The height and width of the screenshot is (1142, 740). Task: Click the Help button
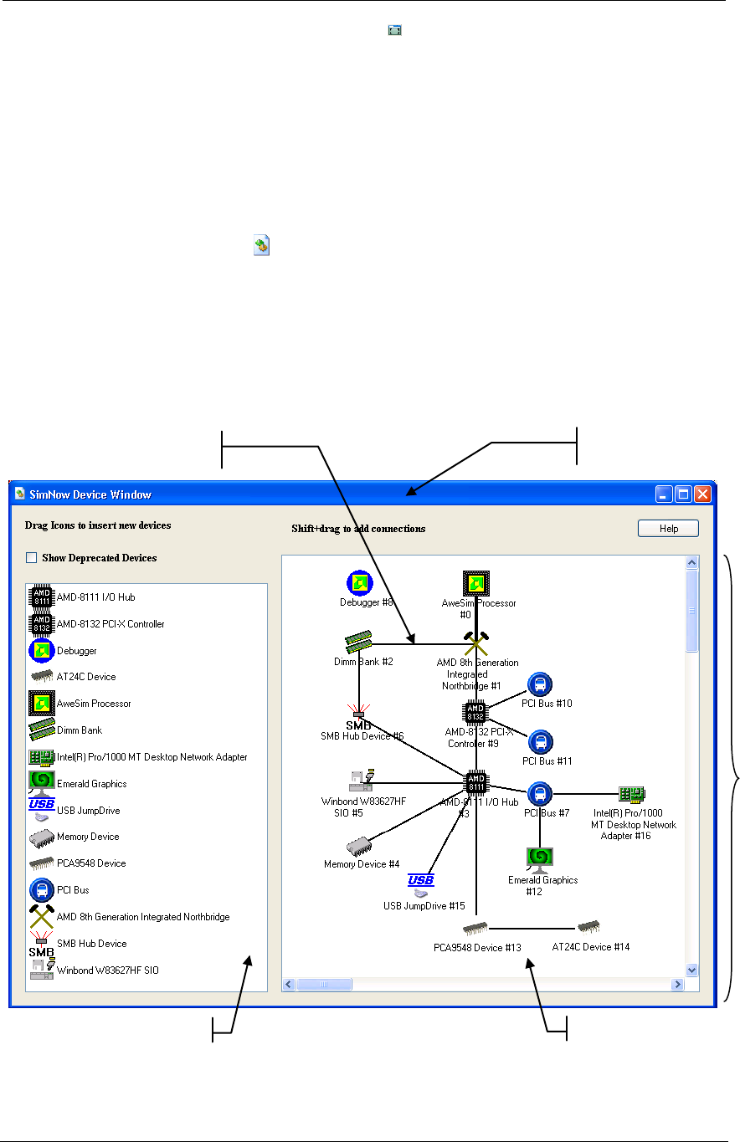pos(667,529)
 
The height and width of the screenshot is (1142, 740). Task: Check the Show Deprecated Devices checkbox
pos(32,558)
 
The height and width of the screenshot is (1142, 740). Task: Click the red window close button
pos(702,494)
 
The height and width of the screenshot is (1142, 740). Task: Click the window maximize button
pos(683,494)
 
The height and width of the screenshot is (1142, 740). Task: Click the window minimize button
pos(664,494)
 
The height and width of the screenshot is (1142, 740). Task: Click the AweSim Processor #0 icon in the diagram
pos(475,583)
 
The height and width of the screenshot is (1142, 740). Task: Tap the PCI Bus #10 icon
pos(540,685)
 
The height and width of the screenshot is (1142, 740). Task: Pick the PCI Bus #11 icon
pos(540,742)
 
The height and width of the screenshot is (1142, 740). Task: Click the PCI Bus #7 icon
pos(540,793)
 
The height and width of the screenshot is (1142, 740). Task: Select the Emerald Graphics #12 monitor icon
pos(540,859)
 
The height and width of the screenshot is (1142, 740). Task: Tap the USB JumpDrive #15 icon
pos(420,884)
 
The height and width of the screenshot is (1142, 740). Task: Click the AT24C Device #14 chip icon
pos(588,927)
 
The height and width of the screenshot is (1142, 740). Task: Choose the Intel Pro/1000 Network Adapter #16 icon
pos(632,794)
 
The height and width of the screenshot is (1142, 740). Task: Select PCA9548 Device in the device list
pos(91,863)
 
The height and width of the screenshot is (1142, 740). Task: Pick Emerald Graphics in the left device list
pos(91,784)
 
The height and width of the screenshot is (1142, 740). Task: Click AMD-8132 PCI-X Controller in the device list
pos(110,624)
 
